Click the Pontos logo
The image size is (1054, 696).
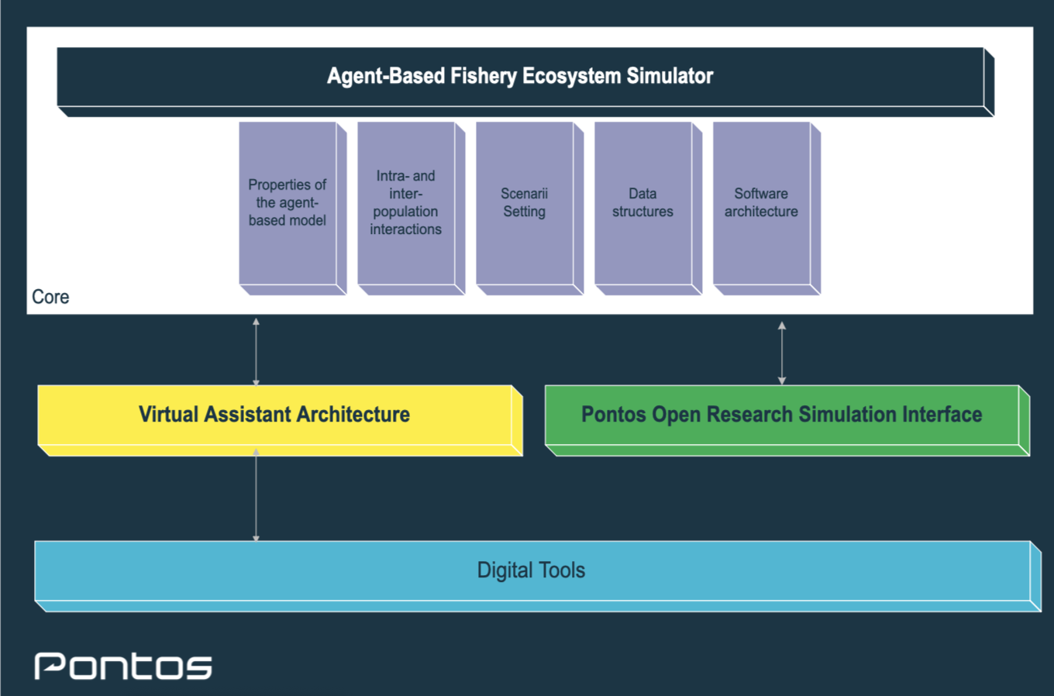coord(123,666)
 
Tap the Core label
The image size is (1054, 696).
coord(50,297)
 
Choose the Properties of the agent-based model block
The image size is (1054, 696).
coord(288,203)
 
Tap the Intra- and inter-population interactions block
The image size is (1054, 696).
coord(406,203)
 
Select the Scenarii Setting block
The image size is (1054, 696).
coord(525,203)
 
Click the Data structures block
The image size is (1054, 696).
coord(643,203)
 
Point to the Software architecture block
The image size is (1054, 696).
coord(762,203)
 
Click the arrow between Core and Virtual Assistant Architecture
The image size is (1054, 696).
coord(256,351)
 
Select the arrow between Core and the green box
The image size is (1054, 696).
coord(782,353)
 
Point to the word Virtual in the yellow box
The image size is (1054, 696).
coord(168,415)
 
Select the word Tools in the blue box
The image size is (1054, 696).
coord(562,570)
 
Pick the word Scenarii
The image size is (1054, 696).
coord(524,194)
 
